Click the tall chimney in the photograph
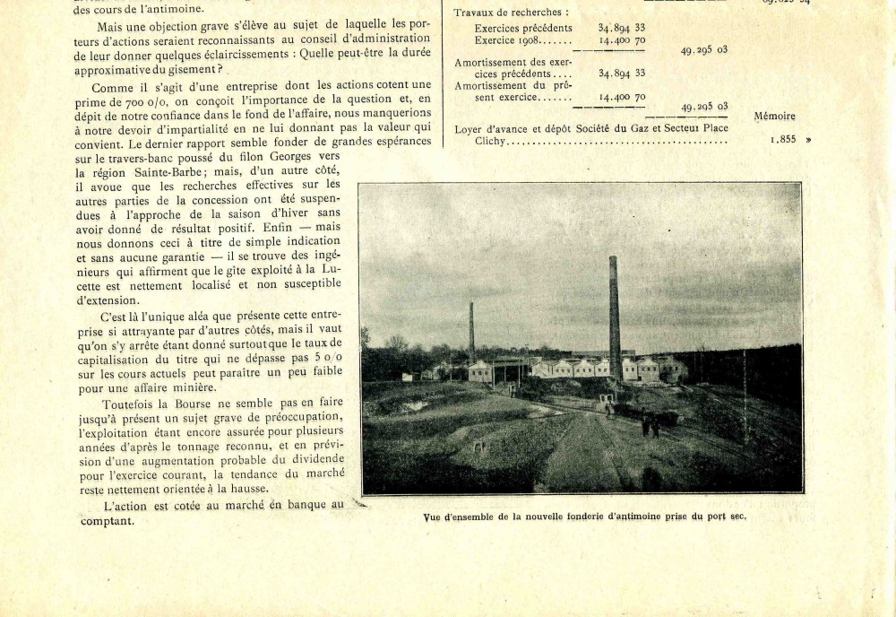pyautogui.click(x=614, y=309)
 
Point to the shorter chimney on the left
pyautogui.click(x=471, y=332)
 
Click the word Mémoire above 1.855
pyautogui.click(x=774, y=116)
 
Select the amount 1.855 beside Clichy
pyautogui.click(x=784, y=140)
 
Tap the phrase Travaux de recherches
pyautogui.click(x=511, y=13)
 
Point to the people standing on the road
pyautogui.click(x=650, y=425)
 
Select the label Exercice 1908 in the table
pyautogui.click(x=511, y=40)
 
